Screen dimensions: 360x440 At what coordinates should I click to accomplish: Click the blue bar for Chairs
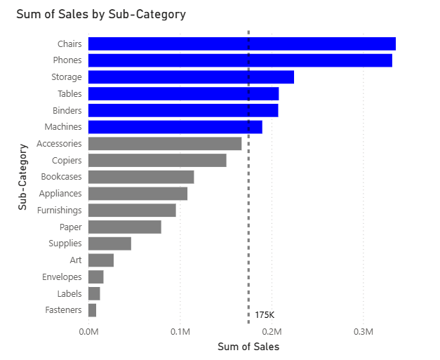pos(241,44)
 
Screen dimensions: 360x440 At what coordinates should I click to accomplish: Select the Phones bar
pos(239,60)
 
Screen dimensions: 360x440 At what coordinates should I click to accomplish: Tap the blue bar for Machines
pos(175,127)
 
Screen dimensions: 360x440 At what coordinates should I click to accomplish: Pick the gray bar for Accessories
pos(164,144)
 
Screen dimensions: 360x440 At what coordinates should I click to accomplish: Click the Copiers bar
pos(156,161)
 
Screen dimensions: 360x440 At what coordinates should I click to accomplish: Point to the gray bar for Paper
pos(124,227)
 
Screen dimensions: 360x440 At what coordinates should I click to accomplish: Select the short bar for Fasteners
pos(92,310)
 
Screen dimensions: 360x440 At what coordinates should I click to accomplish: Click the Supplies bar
pos(109,244)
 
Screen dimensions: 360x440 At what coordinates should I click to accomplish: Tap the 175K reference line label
pos(265,315)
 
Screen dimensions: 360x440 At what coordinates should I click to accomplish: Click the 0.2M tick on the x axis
pos(272,331)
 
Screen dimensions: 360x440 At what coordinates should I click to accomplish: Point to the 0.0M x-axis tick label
pos(88,331)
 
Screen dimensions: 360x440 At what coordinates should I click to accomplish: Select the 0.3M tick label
pos(363,331)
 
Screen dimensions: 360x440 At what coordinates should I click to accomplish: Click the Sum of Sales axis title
pos(248,347)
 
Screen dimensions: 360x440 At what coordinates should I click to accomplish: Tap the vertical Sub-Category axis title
pos(23,177)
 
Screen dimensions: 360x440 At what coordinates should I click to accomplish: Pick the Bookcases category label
pos(61,177)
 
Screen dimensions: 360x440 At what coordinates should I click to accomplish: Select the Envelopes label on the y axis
pos(62,277)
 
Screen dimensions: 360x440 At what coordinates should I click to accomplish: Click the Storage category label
pos(67,77)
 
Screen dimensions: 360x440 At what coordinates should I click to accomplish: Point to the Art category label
pos(76,260)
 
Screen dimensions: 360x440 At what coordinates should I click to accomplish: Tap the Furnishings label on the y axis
pos(60,210)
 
